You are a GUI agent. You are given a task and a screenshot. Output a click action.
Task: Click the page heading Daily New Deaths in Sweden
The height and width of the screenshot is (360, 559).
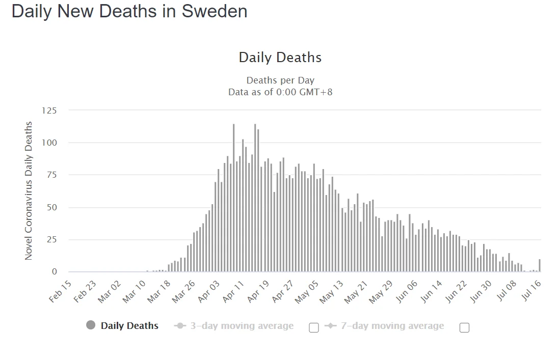point(129,11)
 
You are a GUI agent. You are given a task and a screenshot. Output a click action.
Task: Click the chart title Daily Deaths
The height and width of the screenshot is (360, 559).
point(280,57)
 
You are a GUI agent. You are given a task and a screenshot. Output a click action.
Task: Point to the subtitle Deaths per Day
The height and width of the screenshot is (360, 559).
point(280,80)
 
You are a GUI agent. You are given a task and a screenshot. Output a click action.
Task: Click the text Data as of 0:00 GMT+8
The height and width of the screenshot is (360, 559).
point(280,92)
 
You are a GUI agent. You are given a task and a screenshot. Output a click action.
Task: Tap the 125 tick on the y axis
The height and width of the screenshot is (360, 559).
point(49,110)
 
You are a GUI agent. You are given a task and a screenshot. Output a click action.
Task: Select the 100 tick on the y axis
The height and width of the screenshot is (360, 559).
point(49,143)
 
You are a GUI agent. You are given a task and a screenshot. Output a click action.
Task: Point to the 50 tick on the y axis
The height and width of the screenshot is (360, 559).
point(51,207)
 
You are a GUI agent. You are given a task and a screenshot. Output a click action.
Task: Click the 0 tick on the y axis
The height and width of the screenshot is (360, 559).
point(54,272)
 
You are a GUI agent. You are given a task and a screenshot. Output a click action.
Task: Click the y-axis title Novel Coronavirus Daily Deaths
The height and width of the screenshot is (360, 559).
point(29,190)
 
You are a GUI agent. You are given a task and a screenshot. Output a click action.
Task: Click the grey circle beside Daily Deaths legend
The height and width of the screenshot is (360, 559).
point(91,325)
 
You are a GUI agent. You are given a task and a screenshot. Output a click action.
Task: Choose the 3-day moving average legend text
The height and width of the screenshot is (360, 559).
point(242,326)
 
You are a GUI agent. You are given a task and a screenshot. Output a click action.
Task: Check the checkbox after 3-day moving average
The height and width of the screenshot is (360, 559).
point(314,327)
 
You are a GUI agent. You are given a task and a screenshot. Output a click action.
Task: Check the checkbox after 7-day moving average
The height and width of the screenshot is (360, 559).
point(464,327)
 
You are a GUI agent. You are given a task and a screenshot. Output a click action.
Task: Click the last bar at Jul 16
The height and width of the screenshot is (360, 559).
point(540,266)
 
